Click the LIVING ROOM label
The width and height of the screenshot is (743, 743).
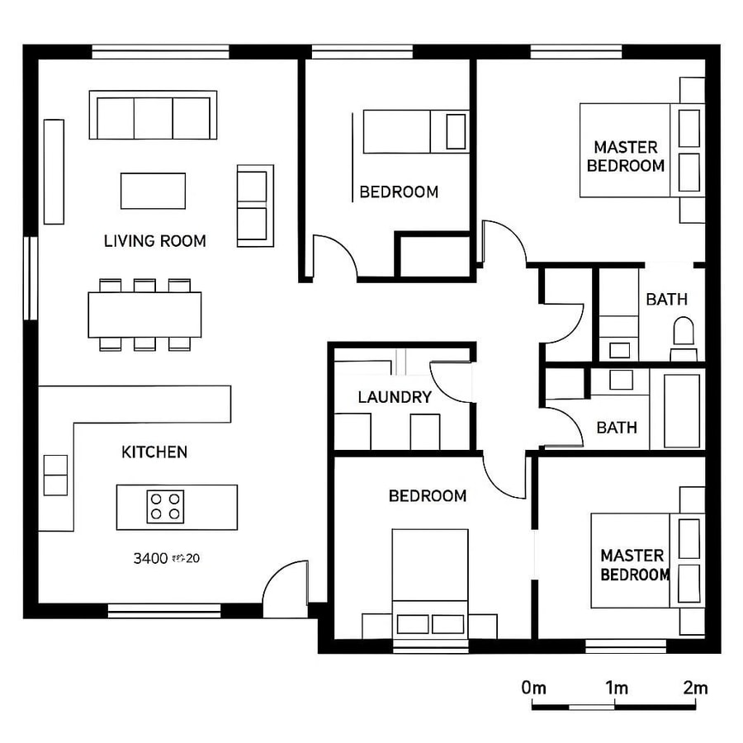click(x=154, y=241)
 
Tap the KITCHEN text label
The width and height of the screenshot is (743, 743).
click(x=154, y=452)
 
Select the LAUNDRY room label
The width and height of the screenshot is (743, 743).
click(x=395, y=397)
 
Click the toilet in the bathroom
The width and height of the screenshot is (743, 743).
click(x=684, y=334)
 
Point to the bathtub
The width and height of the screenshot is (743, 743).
click(x=682, y=410)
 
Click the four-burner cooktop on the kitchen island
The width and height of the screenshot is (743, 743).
click(x=165, y=506)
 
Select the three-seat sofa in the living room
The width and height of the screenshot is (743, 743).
click(x=153, y=116)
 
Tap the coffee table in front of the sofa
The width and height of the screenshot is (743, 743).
click(x=153, y=191)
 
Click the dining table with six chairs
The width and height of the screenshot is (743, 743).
click(x=144, y=315)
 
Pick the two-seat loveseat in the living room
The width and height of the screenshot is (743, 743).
click(x=254, y=206)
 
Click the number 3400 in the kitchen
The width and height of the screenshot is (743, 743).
click(x=150, y=558)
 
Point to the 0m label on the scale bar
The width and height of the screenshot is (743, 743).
click(x=534, y=688)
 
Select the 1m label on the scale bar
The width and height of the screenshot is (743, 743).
click(x=616, y=688)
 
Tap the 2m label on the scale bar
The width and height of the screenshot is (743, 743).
click(x=695, y=688)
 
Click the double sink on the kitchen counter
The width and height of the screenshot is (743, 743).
click(x=55, y=475)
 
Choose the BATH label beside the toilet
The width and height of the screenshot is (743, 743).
click(x=666, y=299)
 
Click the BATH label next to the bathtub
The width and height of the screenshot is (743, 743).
click(x=617, y=427)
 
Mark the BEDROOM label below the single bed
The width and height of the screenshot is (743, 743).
click(x=399, y=192)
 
